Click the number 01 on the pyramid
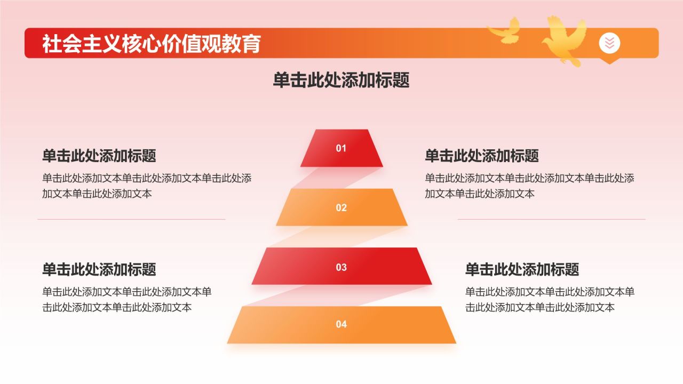[x=341, y=148]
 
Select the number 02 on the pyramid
[x=341, y=208]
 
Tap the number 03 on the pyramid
[x=341, y=267]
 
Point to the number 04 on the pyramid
[x=341, y=324]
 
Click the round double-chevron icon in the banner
[x=609, y=43]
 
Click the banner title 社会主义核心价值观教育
[x=152, y=43]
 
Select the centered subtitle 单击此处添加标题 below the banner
[x=341, y=81]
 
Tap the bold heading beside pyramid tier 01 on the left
[x=99, y=156]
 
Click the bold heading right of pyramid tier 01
[x=482, y=156]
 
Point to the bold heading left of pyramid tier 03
[x=99, y=269]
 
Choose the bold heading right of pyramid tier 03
[x=522, y=269]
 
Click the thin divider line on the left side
[x=131, y=219]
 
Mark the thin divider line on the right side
[x=551, y=219]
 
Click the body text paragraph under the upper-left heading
[x=147, y=186]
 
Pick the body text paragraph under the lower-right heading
[x=550, y=299]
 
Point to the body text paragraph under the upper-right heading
[x=529, y=186]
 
